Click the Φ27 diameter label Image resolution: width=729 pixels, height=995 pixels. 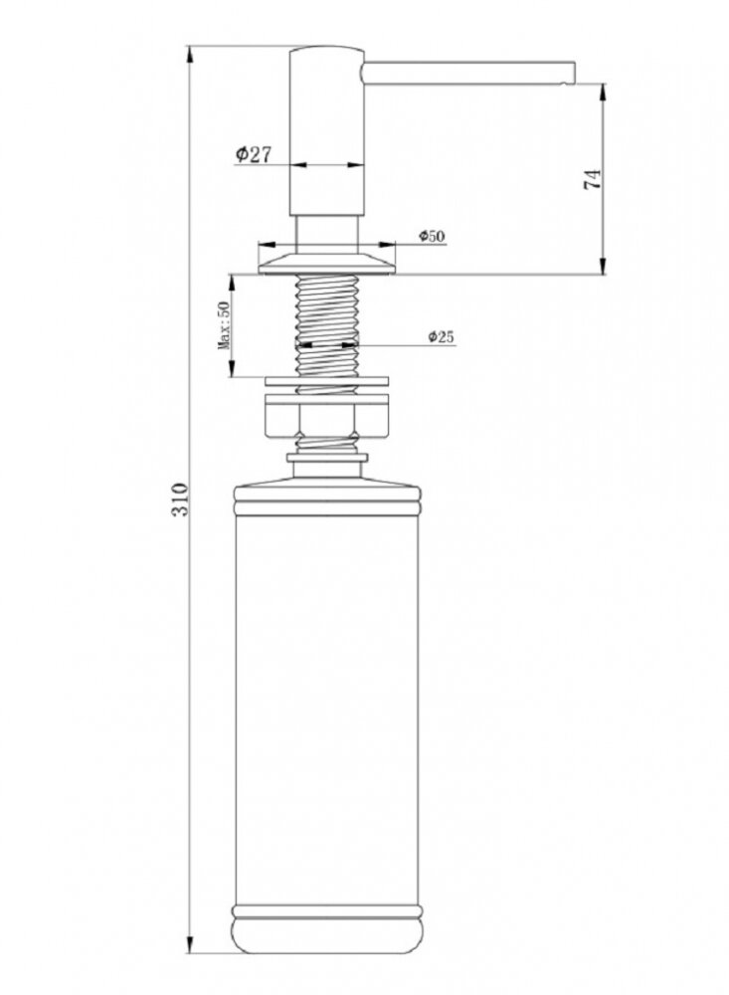(254, 154)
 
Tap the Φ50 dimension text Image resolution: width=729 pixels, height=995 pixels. (432, 236)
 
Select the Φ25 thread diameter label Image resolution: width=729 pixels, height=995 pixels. (441, 336)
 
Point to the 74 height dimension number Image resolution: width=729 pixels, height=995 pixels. (592, 179)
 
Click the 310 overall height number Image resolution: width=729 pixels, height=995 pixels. (180, 499)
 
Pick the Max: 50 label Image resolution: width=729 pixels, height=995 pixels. (224, 325)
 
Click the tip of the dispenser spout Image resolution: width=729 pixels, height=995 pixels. (573, 73)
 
